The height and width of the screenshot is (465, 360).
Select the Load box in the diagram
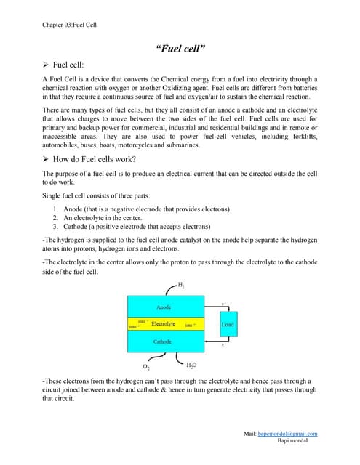228,324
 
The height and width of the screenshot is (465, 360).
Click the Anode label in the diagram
164,307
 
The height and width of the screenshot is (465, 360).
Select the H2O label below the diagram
191,365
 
